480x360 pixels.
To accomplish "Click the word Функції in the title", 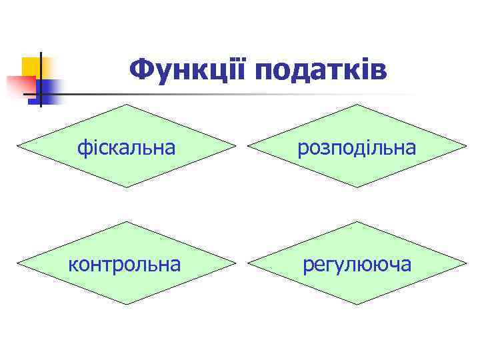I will point(187,69).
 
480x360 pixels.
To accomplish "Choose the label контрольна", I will point(125,264).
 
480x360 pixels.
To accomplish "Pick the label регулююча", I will point(357,265).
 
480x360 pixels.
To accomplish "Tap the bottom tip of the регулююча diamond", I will point(358,305).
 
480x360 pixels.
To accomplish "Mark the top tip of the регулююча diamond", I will point(358,221).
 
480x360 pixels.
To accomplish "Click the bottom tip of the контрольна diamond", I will point(126,305).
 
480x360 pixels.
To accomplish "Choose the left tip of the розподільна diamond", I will point(248,146).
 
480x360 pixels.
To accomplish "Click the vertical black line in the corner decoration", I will point(40,80).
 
